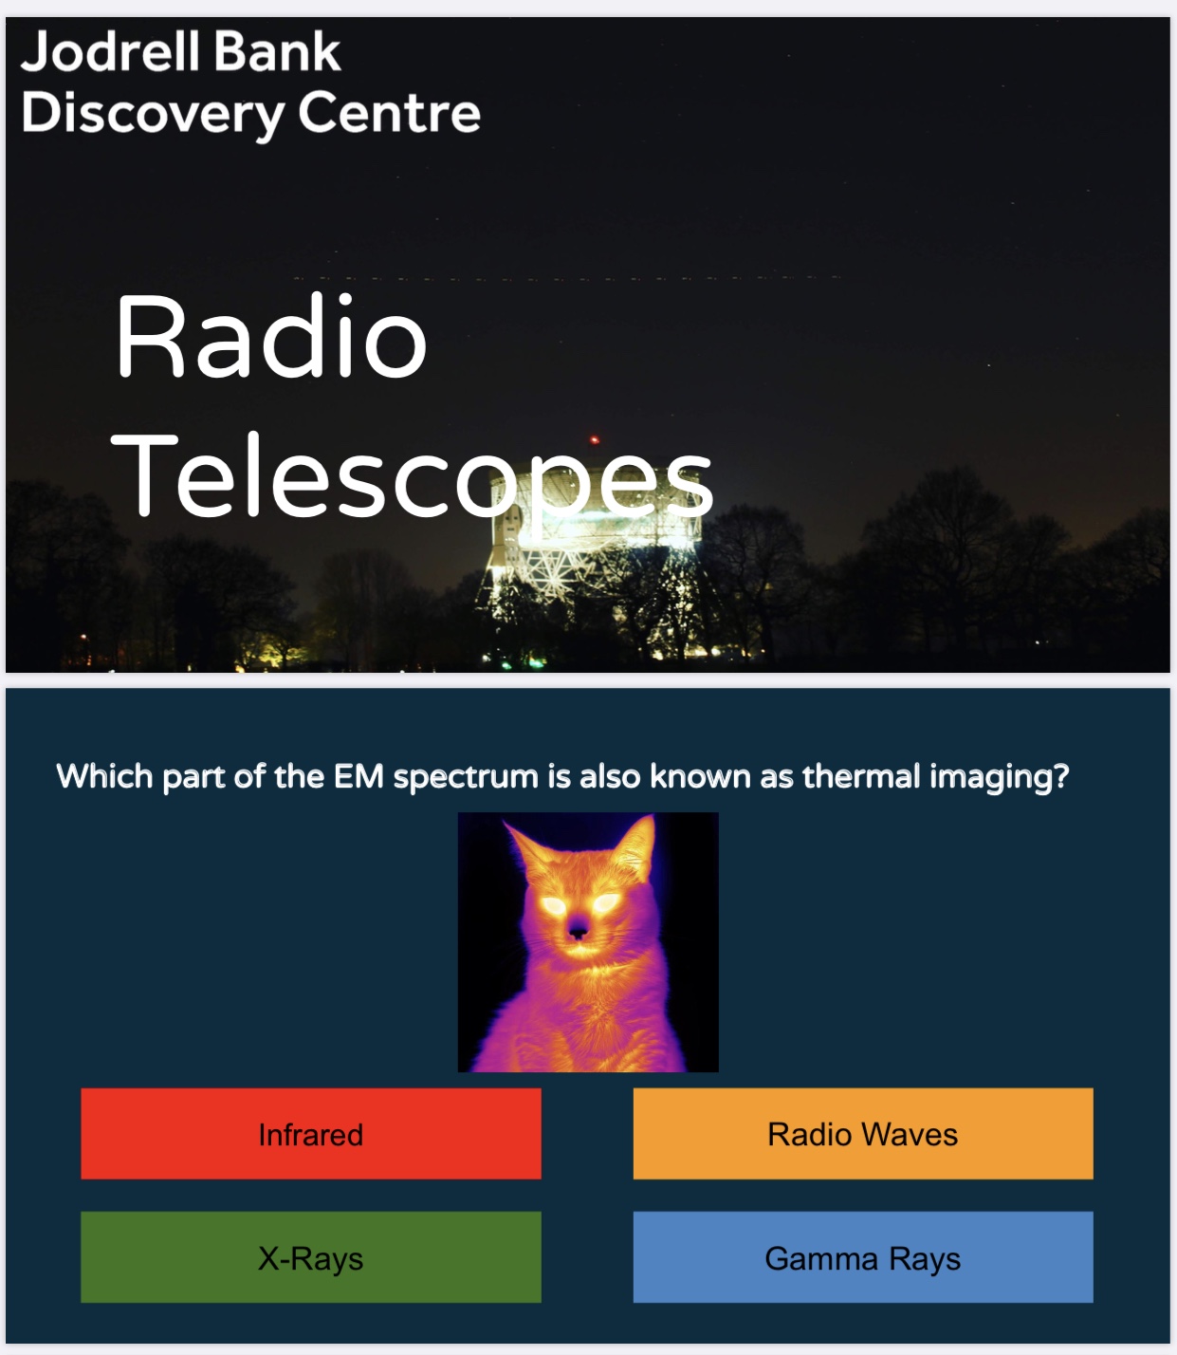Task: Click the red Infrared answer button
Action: pyautogui.click(x=310, y=1133)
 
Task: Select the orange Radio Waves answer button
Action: pyautogui.click(x=862, y=1133)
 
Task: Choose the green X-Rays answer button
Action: pyautogui.click(x=310, y=1257)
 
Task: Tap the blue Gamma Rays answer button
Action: pyautogui.click(x=862, y=1257)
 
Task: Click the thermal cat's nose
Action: pyautogui.click(x=578, y=933)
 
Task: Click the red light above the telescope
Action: pyautogui.click(x=594, y=439)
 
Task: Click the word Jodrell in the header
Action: pyautogui.click(x=109, y=51)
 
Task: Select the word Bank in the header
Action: pyautogui.click(x=277, y=51)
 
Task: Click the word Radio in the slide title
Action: pyautogui.click(x=271, y=337)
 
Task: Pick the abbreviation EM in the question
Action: pyautogui.click(x=359, y=775)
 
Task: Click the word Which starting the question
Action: pyautogui.click(x=104, y=775)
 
